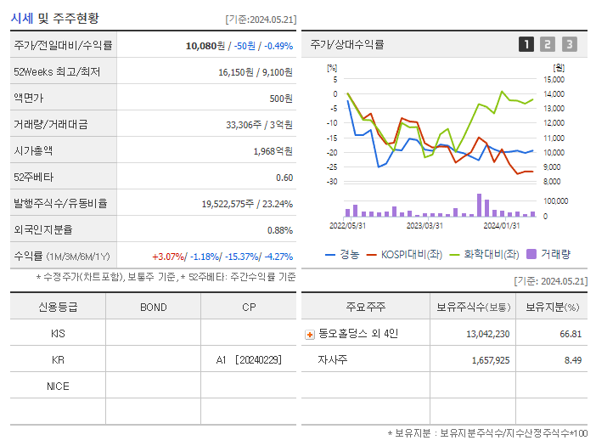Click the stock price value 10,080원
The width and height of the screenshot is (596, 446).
pyautogui.click(x=205, y=46)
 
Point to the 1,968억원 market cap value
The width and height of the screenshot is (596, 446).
pyautogui.click(x=273, y=150)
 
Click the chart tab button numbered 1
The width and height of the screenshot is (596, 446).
pyautogui.click(x=526, y=45)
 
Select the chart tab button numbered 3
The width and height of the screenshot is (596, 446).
pyautogui.click(x=569, y=45)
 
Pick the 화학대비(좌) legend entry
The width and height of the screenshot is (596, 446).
pyautogui.click(x=485, y=254)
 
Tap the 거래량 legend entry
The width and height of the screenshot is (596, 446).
pyautogui.click(x=549, y=254)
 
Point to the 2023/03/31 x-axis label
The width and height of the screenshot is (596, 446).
pyautogui.click(x=425, y=225)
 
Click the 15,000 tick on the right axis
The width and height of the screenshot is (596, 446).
pyautogui.click(x=554, y=80)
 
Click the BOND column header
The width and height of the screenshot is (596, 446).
pyautogui.click(x=153, y=307)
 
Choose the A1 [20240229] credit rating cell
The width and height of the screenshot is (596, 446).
pyautogui.click(x=251, y=360)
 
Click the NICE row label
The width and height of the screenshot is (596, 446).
pyautogui.click(x=58, y=387)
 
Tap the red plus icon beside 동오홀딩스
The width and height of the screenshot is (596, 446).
pyautogui.click(x=309, y=334)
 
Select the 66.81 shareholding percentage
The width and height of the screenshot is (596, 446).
pyautogui.click(x=571, y=334)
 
